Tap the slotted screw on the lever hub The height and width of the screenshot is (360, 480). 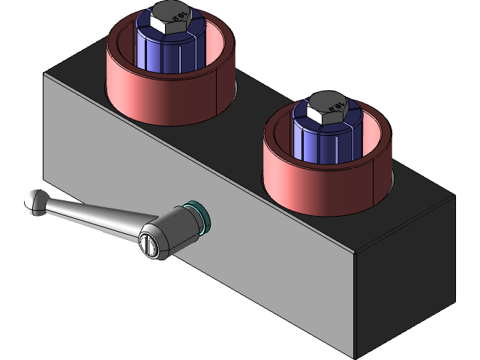click(148, 245)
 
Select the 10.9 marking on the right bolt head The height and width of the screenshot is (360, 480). click(337, 102)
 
